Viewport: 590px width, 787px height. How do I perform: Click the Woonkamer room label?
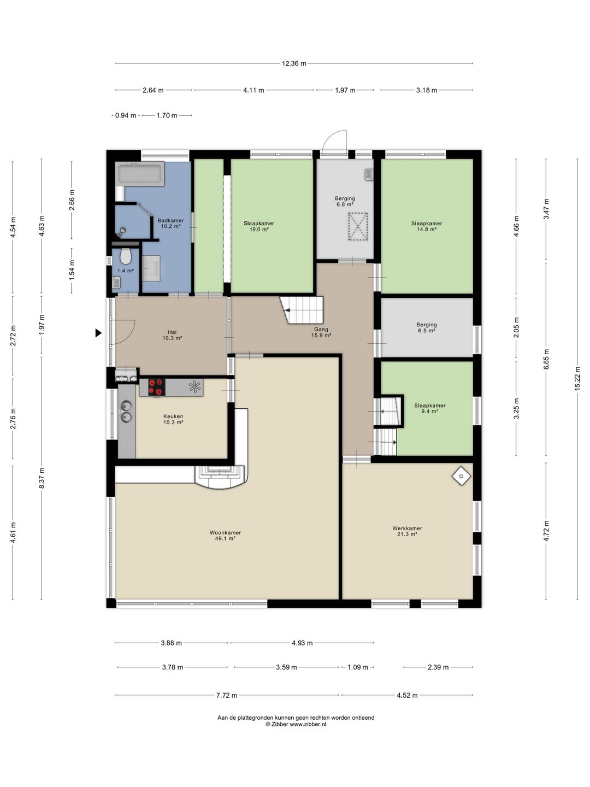225,532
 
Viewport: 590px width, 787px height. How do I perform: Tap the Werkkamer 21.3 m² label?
407,531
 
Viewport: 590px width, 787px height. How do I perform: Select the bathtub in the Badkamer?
140,174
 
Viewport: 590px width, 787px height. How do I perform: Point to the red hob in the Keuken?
157,387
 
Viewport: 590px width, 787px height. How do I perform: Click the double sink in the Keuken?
126,411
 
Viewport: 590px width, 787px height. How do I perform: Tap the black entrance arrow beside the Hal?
98,333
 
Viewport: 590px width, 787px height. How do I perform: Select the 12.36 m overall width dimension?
294,63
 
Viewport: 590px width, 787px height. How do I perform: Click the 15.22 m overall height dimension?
577,379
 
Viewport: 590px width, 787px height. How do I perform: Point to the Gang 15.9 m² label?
321,332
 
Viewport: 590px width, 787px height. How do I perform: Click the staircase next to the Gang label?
302,310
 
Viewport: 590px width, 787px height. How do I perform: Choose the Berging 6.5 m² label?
426,328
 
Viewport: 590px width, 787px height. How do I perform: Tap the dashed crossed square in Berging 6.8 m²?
358,226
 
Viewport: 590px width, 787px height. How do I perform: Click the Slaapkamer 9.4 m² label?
430,408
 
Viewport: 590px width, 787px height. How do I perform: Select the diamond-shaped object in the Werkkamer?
462,476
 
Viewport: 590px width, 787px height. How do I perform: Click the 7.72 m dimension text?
226,695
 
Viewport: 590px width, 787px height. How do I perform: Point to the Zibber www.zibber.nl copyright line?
296,724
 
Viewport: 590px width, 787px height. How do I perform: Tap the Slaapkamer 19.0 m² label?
258,226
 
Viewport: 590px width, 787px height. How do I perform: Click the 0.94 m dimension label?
126,115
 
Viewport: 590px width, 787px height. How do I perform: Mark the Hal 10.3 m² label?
172,335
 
